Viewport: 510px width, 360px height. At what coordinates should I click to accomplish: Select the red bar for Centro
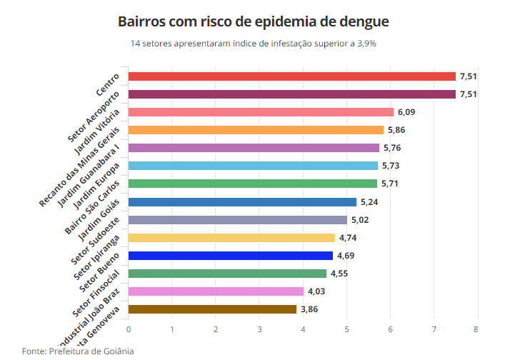291,76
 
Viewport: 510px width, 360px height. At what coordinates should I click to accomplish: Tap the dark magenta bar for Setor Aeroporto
291,94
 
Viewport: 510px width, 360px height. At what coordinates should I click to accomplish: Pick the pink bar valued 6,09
261,112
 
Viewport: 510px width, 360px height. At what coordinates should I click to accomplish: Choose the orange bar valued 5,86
256,130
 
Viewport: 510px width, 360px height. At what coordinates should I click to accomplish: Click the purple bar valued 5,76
254,148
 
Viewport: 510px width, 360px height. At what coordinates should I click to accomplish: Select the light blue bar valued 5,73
253,166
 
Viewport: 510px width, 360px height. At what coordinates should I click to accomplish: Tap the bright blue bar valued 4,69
230,256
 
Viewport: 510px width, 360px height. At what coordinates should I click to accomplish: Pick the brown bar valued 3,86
212,309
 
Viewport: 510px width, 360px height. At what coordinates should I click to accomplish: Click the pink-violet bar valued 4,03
216,291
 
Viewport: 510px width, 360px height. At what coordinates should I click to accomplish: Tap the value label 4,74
349,238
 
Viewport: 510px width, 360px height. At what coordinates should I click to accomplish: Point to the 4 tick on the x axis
303,329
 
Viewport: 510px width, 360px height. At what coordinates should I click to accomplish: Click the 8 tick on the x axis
476,329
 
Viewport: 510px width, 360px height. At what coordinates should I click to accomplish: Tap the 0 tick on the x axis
129,329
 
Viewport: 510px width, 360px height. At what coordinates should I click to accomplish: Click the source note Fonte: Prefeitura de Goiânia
78,351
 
